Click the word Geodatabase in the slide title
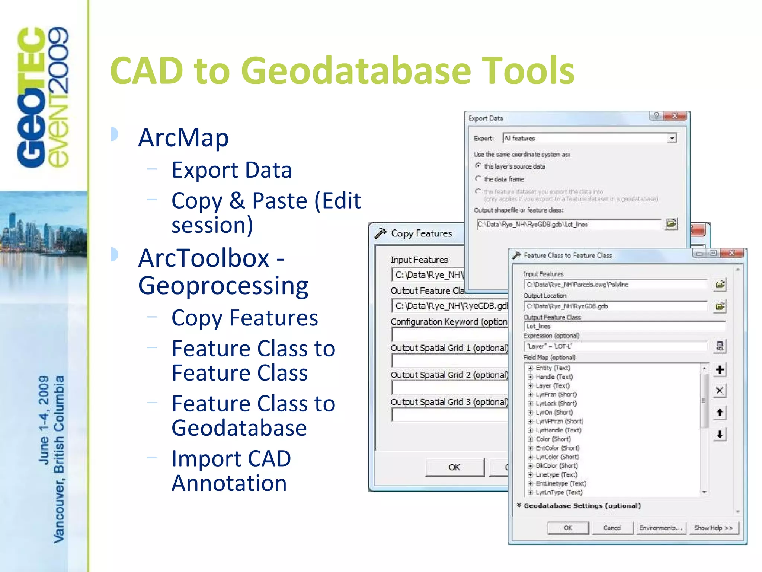click(357, 71)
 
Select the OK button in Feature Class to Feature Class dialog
click(568, 528)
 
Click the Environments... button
click(660, 528)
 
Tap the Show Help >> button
click(713, 528)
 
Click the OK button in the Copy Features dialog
click(454, 467)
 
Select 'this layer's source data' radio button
click(478, 166)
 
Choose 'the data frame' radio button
click(478, 178)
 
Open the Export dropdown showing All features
click(672, 138)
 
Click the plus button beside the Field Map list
click(720, 369)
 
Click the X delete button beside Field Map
click(720, 391)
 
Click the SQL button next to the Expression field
click(720, 346)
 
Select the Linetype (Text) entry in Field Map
click(556, 475)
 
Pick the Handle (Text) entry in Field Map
click(554, 377)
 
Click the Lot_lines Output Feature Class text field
click(624, 327)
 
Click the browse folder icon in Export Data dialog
click(672, 224)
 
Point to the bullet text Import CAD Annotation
click(231, 471)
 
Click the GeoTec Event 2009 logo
click(43, 97)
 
